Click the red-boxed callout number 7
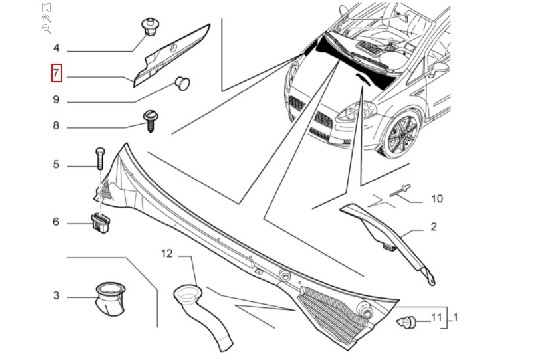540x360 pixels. (56, 73)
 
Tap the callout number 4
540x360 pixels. (56, 48)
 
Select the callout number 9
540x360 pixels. (56, 100)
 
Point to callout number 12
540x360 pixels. (167, 254)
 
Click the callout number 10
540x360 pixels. (437, 198)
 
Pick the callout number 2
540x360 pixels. (434, 227)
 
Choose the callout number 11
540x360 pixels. (436, 317)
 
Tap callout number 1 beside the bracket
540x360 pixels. (455, 317)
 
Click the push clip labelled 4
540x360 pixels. (150, 27)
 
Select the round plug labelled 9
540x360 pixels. (182, 83)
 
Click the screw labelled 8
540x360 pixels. (150, 121)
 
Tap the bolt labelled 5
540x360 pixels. (100, 158)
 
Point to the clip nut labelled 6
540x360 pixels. (101, 223)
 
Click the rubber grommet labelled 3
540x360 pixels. (110, 298)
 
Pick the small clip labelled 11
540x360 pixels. (406, 322)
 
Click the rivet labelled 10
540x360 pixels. (400, 191)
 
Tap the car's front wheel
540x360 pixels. (402, 135)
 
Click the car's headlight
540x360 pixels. (356, 110)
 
